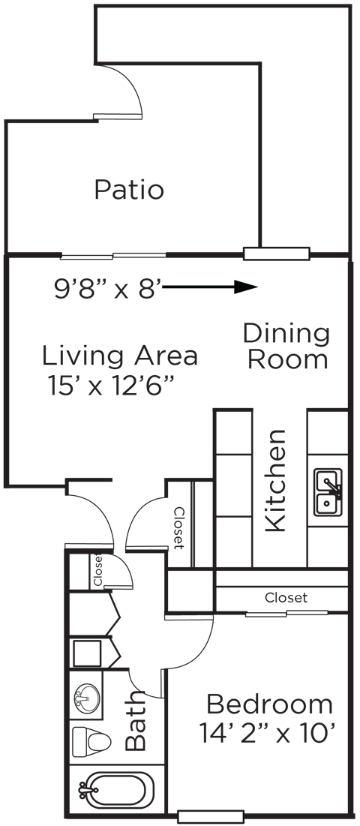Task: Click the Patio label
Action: (x=129, y=190)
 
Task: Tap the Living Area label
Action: (x=119, y=355)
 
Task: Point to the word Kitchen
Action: (x=276, y=480)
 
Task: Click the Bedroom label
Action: (x=269, y=704)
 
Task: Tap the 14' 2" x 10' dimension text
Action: (x=266, y=731)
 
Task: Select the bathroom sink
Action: (x=88, y=698)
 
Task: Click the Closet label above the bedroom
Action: (x=286, y=598)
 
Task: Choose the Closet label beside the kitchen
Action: (x=179, y=528)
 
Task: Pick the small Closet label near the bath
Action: (x=98, y=571)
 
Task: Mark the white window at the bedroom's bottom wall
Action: (x=211, y=816)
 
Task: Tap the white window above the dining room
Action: (x=277, y=254)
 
